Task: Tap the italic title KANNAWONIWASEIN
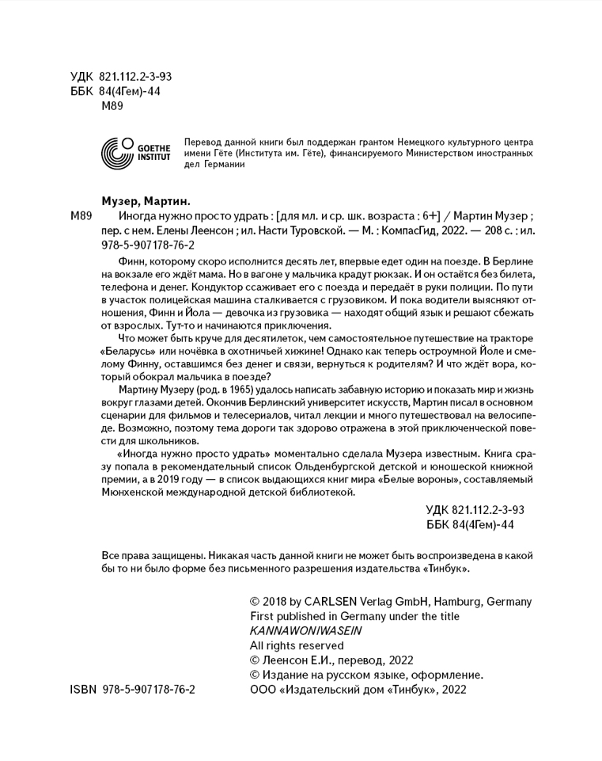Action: coord(305,630)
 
